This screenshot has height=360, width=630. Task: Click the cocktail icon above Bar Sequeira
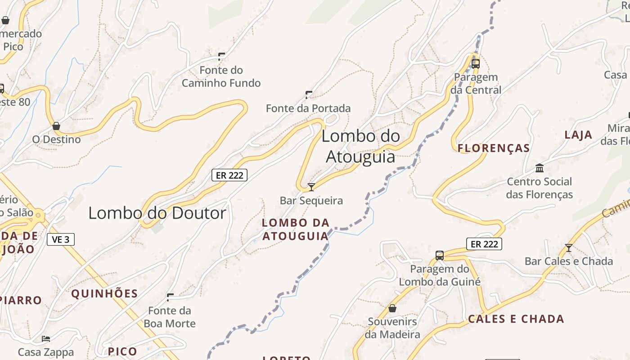click(311, 187)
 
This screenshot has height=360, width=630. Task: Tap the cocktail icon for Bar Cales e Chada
click(569, 247)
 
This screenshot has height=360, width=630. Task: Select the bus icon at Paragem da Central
click(476, 64)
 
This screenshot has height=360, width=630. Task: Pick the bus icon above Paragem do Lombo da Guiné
click(440, 256)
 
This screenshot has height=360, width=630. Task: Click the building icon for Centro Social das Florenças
click(540, 168)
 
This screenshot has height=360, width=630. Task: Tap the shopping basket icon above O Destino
click(56, 126)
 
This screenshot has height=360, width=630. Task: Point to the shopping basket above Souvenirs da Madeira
click(392, 308)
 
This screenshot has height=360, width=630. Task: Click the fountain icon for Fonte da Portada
click(309, 94)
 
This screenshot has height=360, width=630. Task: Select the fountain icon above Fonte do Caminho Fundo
click(221, 56)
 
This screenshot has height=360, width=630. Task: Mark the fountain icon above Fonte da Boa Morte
click(170, 297)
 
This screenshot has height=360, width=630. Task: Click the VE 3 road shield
click(61, 239)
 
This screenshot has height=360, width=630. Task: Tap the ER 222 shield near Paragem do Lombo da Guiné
click(484, 244)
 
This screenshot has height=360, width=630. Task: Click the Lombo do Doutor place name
click(157, 213)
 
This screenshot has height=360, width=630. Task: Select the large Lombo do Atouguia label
click(360, 146)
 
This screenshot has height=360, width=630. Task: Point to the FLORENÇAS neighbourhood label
click(494, 148)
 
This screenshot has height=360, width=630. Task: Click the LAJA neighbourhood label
click(578, 135)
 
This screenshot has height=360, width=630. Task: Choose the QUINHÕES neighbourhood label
click(104, 294)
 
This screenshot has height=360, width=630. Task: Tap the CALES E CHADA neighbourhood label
click(516, 319)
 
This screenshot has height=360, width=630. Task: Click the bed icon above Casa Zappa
click(45, 338)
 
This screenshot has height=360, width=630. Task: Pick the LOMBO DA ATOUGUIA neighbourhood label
click(296, 229)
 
